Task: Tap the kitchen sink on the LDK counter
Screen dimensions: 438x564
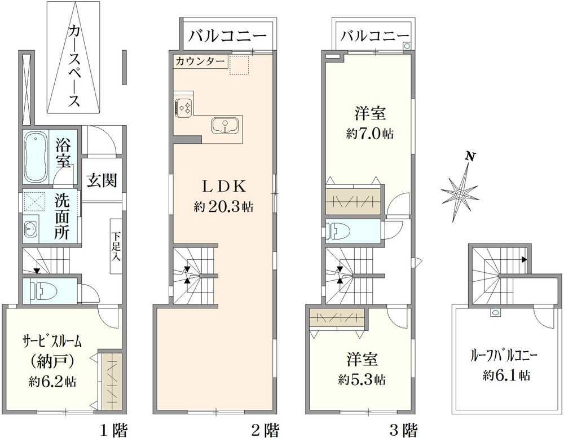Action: pyautogui.click(x=224, y=126)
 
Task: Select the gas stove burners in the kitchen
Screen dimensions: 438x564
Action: pyautogui.click(x=184, y=107)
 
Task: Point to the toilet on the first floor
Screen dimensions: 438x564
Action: pyautogui.click(x=46, y=291)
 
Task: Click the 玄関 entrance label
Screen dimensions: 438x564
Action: pyautogui.click(x=102, y=180)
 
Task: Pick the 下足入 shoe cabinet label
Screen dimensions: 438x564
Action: pyautogui.click(x=116, y=246)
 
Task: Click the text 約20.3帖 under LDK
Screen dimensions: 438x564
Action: pyautogui.click(x=223, y=207)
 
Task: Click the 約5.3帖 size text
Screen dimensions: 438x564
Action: pyautogui.click(x=362, y=379)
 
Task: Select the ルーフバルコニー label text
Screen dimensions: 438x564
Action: pyautogui.click(x=504, y=356)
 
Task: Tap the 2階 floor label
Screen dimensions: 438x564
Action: pyautogui.click(x=265, y=431)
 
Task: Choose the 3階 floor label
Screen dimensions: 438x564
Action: pyautogui.click(x=403, y=431)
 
